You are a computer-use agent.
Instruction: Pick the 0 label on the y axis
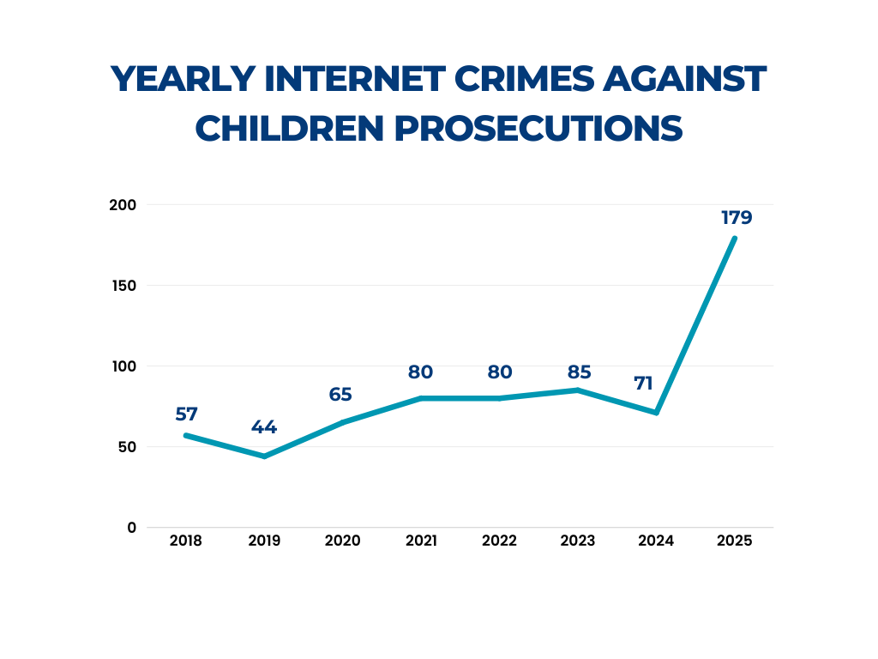coord(132,528)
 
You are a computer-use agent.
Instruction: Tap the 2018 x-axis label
coord(186,541)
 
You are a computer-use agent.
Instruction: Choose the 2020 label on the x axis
coord(343,541)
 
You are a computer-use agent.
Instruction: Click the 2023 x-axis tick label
coord(578,541)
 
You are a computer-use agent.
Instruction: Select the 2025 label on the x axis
coord(735,541)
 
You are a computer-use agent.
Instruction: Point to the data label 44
coord(264,428)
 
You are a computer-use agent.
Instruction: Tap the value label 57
coord(187,414)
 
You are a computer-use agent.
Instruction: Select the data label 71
coord(644,384)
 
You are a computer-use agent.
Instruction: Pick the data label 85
coord(578,373)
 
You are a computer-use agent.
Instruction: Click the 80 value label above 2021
coord(421,373)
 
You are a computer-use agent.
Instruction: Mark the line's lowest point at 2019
coord(264,456)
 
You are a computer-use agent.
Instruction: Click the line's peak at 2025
coord(735,239)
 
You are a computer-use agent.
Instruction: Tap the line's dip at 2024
coord(656,413)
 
